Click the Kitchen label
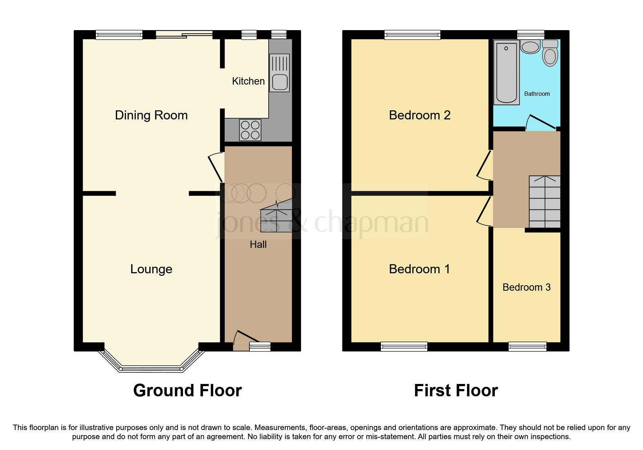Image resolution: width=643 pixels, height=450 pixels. [248, 81]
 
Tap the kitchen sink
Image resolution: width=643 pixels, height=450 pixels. [279, 73]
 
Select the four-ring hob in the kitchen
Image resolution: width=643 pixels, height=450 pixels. [251, 130]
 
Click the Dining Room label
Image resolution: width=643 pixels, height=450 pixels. [151, 115]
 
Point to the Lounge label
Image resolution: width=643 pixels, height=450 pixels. [151, 269]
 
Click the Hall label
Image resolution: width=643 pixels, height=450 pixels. [258, 245]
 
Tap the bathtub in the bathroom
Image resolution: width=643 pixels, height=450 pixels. [506, 73]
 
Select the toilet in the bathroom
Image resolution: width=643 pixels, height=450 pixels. [550, 54]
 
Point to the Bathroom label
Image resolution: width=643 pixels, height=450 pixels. [537, 94]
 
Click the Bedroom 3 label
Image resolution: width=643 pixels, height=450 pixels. [526, 287]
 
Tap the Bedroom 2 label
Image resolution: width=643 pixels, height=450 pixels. [419, 115]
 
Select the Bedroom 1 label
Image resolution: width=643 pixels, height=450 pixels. [419, 269]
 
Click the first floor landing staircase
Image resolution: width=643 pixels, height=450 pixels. [544, 202]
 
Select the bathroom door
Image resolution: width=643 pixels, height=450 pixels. [541, 122]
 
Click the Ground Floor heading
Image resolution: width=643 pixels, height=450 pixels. [187, 390]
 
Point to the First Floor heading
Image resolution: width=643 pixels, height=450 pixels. [456, 390]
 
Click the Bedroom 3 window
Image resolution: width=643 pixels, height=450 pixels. [527, 347]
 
